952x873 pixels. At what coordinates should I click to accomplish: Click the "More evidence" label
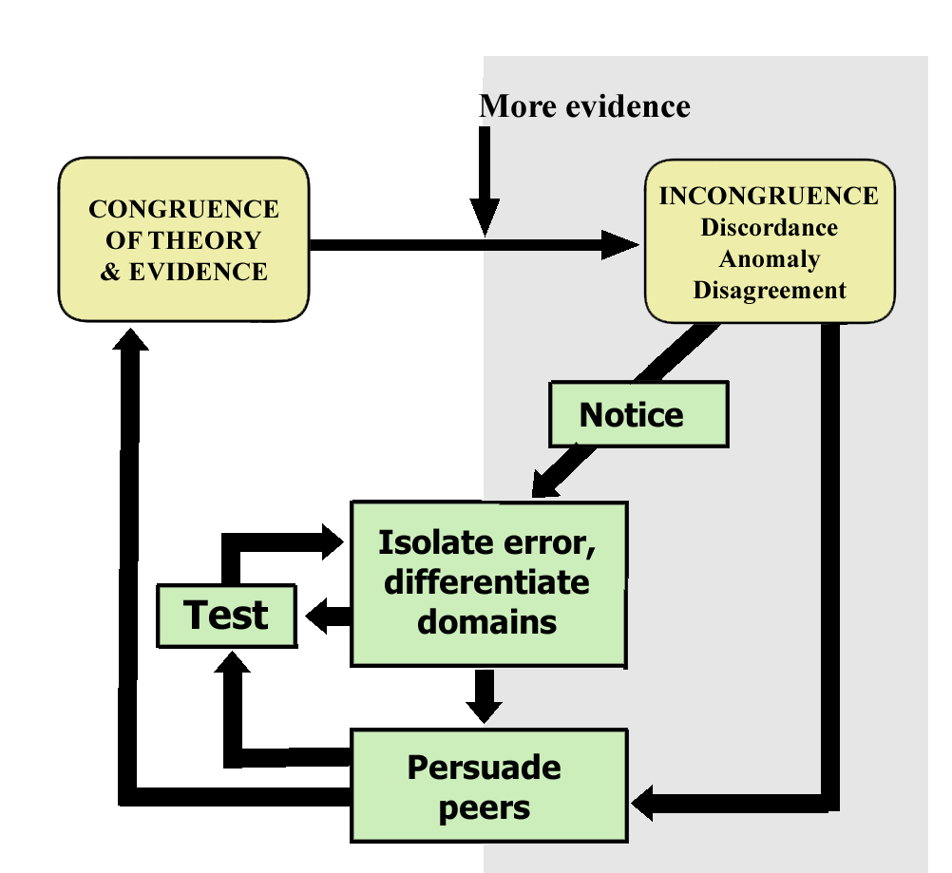tap(584, 105)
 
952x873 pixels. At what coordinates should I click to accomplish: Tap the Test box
tap(226, 616)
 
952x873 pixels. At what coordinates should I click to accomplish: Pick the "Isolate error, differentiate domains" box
tap(489, 582)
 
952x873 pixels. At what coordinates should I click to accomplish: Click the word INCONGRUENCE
tap(769, 196)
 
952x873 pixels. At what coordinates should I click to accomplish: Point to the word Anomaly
tap(769, 258)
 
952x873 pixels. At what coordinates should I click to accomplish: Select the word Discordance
tap(769, 227)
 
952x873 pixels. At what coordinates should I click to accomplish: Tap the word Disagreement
tap(769, 290)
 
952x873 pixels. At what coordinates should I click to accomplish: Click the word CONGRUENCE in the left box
tap(183, 209)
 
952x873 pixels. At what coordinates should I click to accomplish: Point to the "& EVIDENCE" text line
tap(183, 272)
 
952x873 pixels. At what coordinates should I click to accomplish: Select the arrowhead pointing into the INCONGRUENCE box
tap(622, 245)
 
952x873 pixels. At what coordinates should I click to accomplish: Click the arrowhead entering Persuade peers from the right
tap(646, 804)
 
